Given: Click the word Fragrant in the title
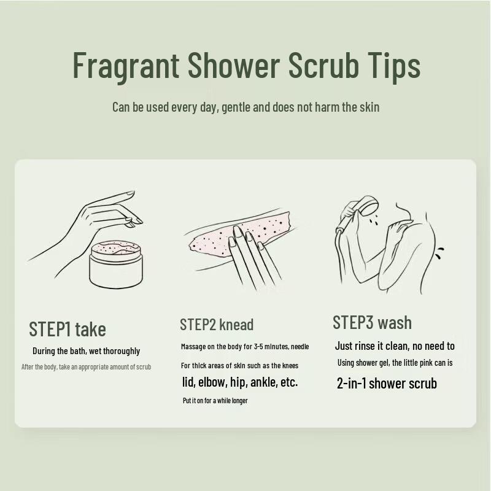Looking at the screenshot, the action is click(x=126, y=65).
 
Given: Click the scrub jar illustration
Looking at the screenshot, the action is click(x=116, y=264).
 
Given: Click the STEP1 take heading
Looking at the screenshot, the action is click(x=68, y=329).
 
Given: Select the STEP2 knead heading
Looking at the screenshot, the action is click(x=217, y=325).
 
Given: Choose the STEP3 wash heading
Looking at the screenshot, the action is click(x=372, y=323).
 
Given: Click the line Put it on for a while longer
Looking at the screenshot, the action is click(x=215, y=401).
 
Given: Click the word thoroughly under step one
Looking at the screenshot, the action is click(x=122, y=351).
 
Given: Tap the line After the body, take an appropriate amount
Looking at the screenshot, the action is click(x=86, y=366).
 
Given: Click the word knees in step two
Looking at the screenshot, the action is click(x=290, y=366).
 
